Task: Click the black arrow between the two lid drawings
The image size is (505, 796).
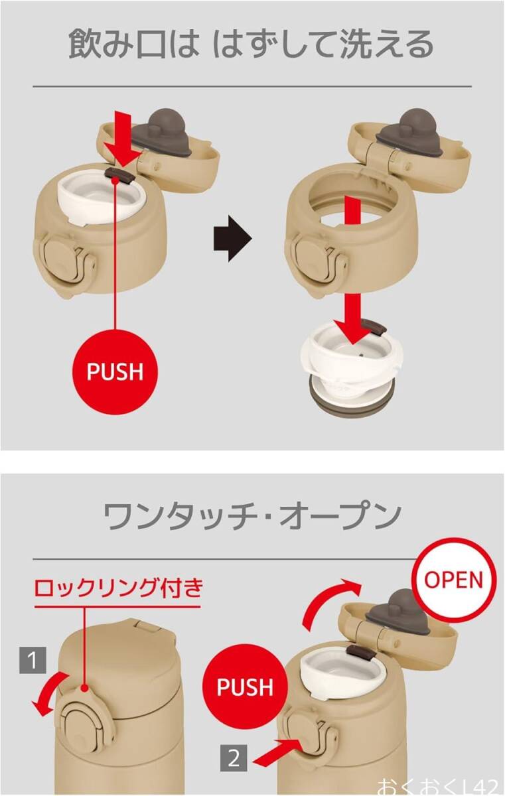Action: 232,238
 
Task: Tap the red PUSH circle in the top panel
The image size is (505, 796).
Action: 115,371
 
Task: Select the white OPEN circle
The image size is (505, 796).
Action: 453,580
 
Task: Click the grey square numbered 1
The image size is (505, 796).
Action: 33,660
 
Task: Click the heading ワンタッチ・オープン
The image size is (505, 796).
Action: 252,515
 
